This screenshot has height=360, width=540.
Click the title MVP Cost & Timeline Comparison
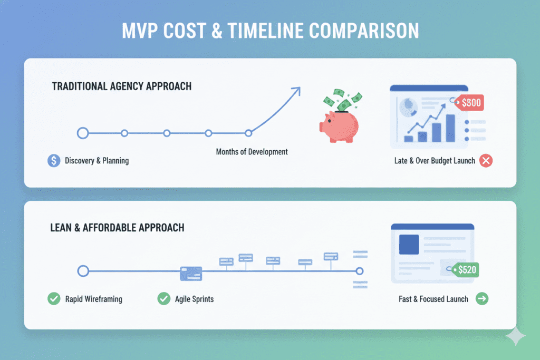[x=270, y=31]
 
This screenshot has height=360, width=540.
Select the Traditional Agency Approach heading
[x=122, y=85]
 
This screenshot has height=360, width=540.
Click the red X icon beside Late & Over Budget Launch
[x=486, y=161]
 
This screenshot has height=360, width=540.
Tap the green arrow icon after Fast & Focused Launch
[x=481, y=299]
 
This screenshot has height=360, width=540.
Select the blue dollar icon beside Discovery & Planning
[x=54, y=161]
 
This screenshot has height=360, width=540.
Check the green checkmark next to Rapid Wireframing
[x=54, y=299]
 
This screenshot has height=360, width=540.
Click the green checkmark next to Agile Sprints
[x=163, y=299]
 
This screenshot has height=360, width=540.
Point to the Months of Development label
[x=252, y=152]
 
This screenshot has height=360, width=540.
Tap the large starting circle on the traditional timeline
[x=83, y=133]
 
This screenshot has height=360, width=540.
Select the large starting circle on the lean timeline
[x=83, y=271]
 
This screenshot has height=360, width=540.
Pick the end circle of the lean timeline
[x=360, y=271]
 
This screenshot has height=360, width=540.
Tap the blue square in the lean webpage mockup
[x=409, y=244]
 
